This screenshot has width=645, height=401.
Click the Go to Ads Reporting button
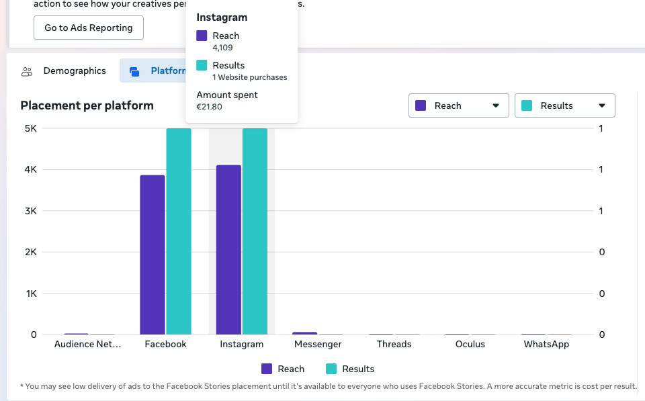89,28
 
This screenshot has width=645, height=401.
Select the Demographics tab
64,71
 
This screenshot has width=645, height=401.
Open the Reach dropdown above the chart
459,105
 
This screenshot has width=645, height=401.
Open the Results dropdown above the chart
565,105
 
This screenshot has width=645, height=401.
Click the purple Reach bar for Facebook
153,255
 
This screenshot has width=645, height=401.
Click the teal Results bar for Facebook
179,231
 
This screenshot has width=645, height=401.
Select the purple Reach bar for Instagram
228,250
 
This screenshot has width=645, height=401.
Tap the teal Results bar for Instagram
255,231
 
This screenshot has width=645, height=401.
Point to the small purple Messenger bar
305,333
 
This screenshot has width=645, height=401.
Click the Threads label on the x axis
394,345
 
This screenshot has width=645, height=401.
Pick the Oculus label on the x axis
470,345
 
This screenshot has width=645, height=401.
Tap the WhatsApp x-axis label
546,345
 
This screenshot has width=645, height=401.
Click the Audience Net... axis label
87,345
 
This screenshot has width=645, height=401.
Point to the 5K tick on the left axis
31,128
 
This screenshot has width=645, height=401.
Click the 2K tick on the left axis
31,252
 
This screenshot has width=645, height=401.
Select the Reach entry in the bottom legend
283,369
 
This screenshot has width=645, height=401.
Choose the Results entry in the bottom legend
350,369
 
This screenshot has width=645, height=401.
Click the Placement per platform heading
87,105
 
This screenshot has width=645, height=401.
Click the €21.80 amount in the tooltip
210,107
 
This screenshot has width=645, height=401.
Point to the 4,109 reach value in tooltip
222,48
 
